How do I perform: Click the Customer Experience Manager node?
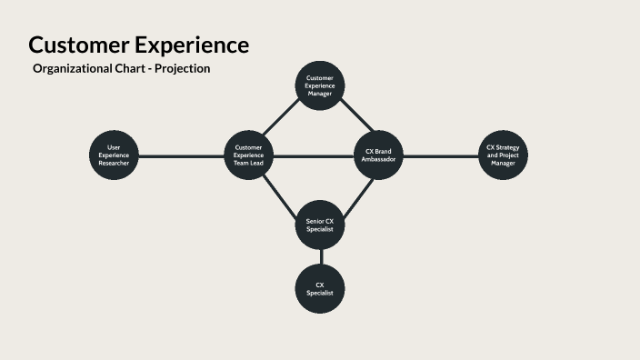[x=321, y=86]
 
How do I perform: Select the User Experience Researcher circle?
[x=115, y=155]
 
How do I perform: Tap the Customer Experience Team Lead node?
[x=249, y=155]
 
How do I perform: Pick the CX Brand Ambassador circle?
[x=377, y=155]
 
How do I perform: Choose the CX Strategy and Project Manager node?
[x=503, y=155]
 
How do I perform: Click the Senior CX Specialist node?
[x=321, y=225]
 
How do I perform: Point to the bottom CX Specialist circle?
[x=321, y=289]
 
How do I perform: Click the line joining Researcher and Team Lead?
[x=182, y=155]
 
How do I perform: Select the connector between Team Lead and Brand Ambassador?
[x=314, y=156]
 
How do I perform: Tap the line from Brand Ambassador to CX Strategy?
[x=440, y=155]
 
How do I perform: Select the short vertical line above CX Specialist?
[x=321, y=256]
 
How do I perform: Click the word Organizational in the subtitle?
[x=74, y=69]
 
